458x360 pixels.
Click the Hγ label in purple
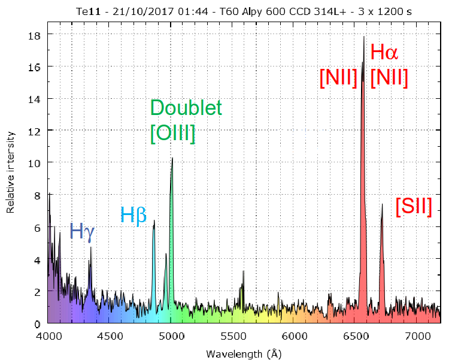coord(83,231)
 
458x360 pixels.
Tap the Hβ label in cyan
coord(134,214)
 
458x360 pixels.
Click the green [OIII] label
coord(173,133)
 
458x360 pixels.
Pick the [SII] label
coord(414,207)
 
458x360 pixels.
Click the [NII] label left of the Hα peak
coord(339,78)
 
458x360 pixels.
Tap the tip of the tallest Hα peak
coord(364,37)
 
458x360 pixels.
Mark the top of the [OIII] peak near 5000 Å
coord(172,158)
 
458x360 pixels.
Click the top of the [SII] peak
coord(382,204)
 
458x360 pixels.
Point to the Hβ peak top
coord(154,220)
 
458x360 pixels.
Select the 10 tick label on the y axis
coord(37,163)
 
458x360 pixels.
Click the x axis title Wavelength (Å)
coord(244,353)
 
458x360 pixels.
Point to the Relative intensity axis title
coord(10,174)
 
